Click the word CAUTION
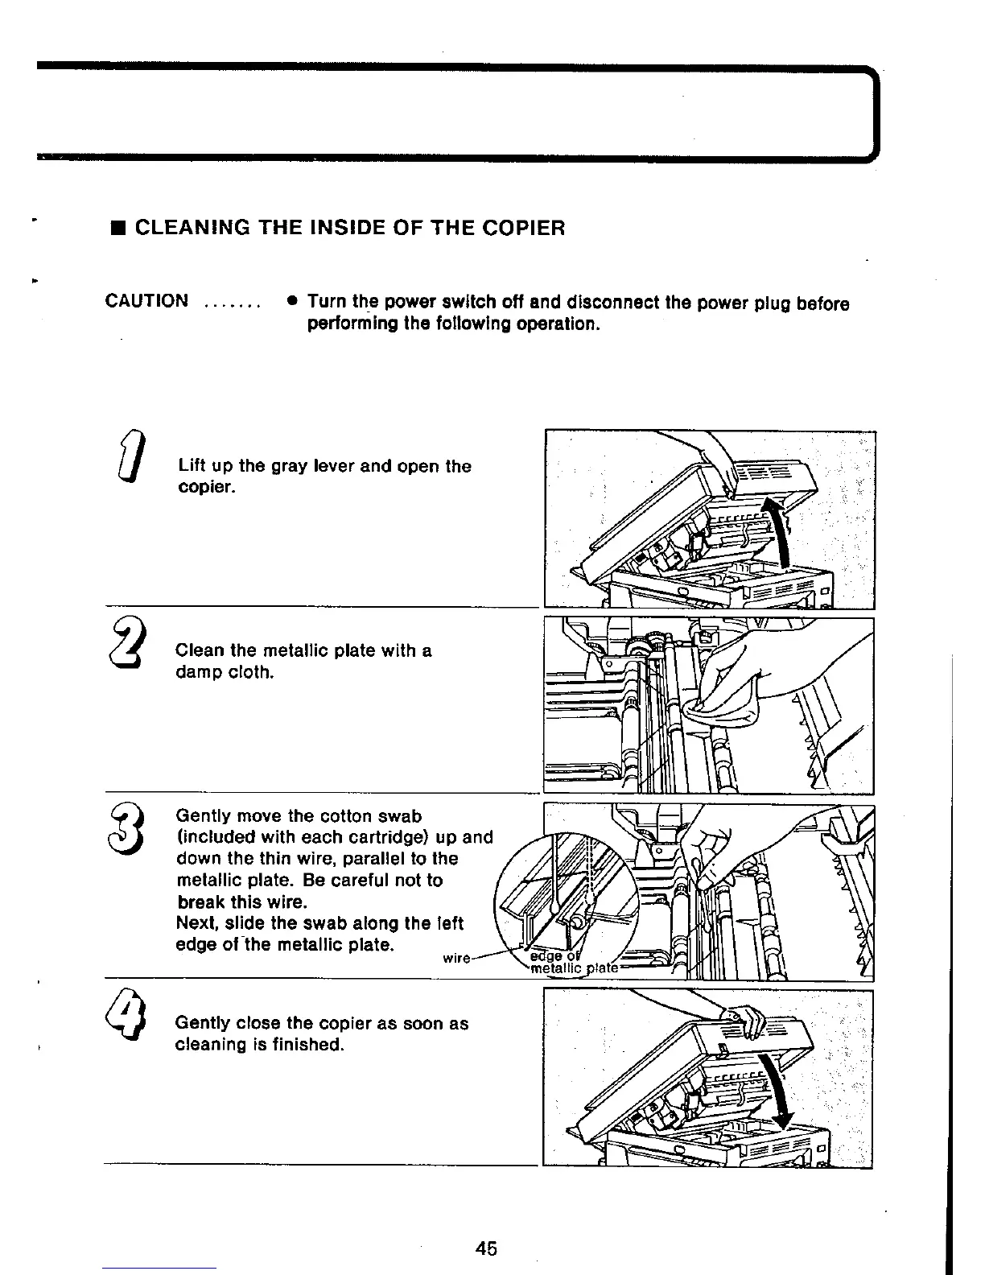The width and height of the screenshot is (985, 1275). pyautogui.click(x=147, y=302)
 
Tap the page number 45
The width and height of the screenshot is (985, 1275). pyautogui.click(x=485, y=1248)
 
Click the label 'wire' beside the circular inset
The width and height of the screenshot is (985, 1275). pyautogui.click(x=457, y=958)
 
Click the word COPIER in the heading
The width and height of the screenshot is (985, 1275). pyautogui.click(x=526, y=228)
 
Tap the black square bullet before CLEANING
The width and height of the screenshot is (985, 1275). pyautogui.click(x=117, y=229)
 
